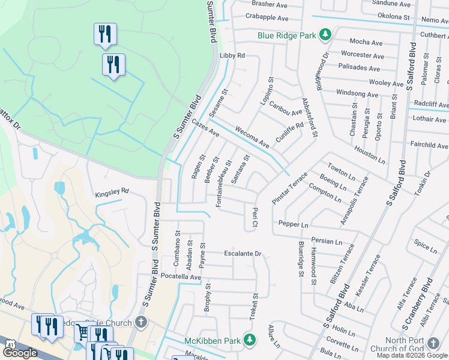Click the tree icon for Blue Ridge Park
(325, 35)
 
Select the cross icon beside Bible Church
(141, 323)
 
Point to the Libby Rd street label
(233, 55)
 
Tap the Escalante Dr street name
(243, 253)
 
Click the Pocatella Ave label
(178, 277)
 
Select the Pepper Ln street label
(292, 224)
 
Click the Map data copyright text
(412, 355)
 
